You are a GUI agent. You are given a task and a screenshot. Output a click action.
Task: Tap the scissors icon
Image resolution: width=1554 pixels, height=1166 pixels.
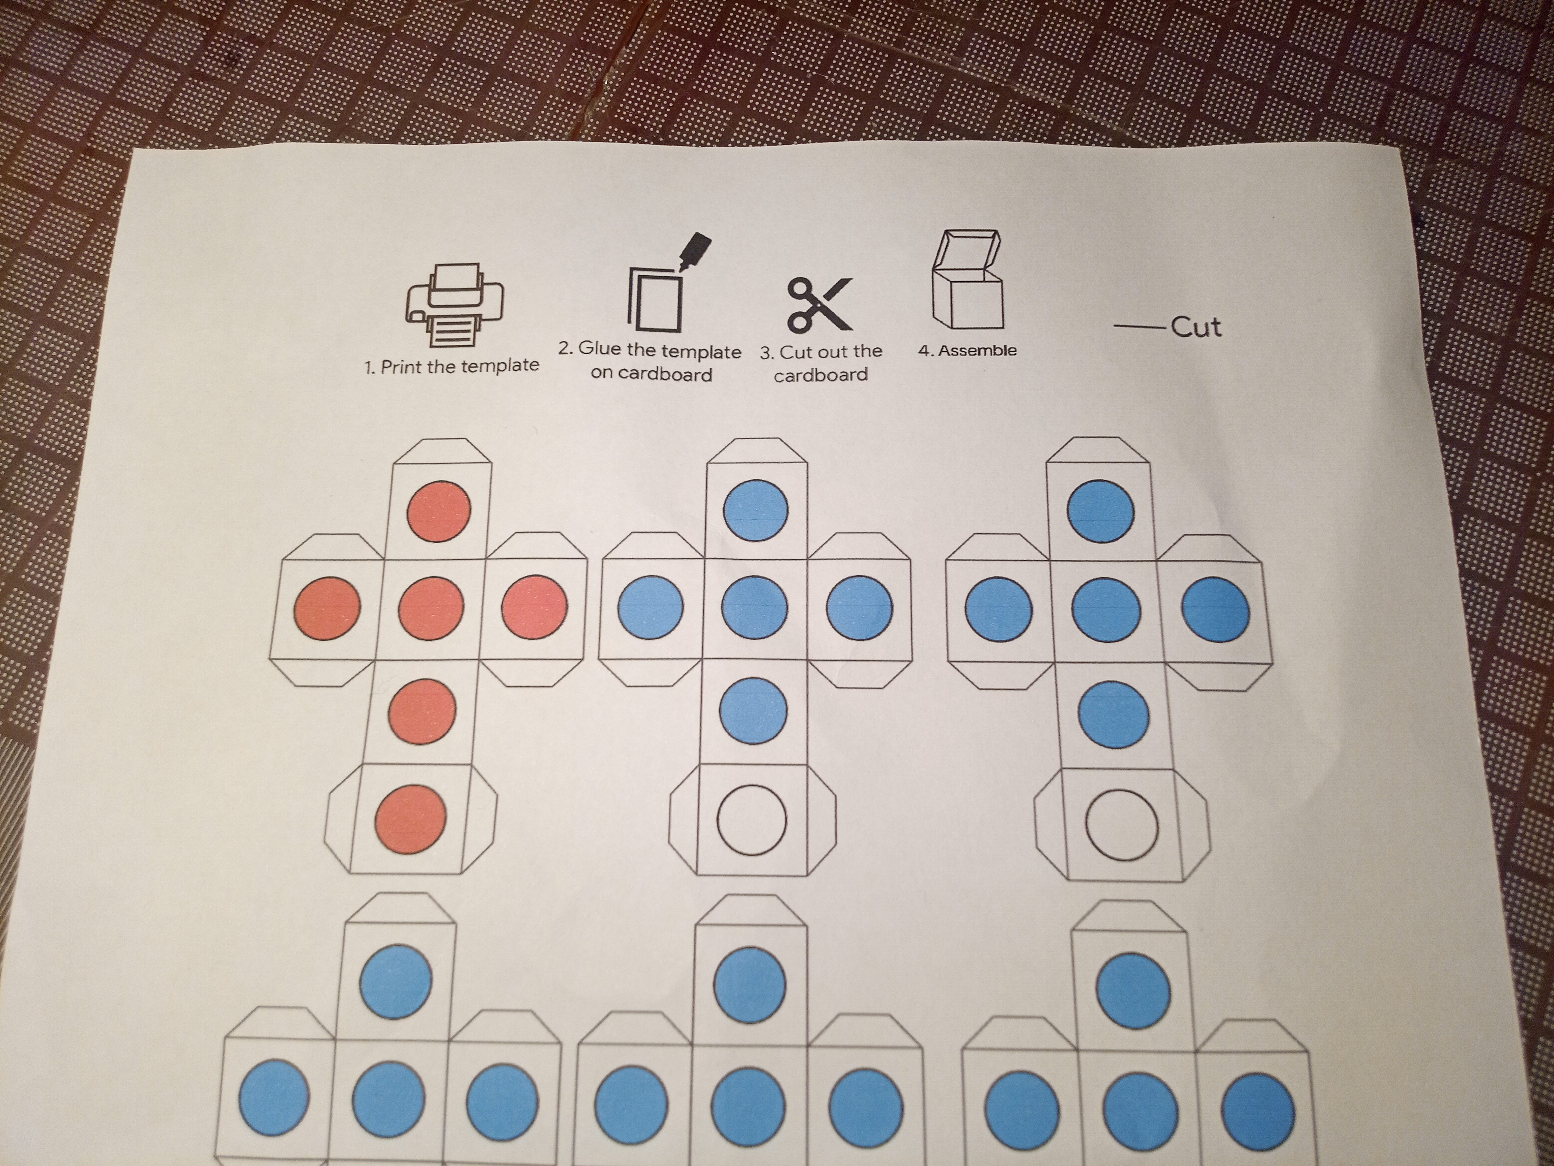(819, 304)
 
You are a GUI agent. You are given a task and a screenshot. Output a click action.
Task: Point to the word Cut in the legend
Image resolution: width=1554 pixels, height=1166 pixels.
(1196, 327)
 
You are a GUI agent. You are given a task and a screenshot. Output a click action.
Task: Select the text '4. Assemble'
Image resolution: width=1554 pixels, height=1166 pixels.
(968, 350)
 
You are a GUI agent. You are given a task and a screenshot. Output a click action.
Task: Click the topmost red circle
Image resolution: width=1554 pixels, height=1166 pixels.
(439, 511)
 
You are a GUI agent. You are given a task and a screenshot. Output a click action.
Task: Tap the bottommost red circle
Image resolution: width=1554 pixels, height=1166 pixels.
(411, 820)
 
